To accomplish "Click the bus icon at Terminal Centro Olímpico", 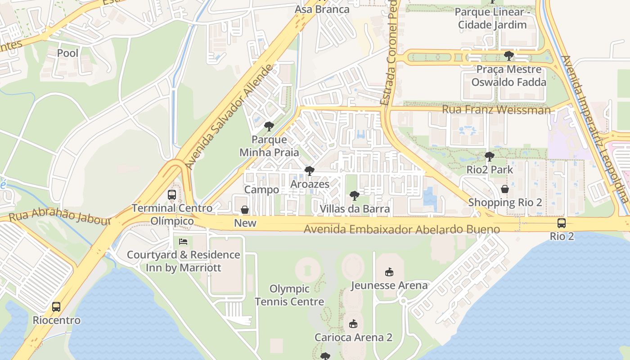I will [x=172, y=195].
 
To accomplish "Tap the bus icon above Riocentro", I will [x=56, y=307].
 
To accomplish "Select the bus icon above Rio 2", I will [x=562, y=223].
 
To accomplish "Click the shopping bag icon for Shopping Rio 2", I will [x=505, y=189].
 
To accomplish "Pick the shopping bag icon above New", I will [x=245, y=210].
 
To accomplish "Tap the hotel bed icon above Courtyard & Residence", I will [x=183, y=242].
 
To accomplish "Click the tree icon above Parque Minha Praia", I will [x=269, y=126].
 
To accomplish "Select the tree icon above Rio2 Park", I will [x=490, y=157].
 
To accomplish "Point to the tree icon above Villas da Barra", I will [x=355, y=196].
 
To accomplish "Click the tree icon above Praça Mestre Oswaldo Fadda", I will [x=509, y=56].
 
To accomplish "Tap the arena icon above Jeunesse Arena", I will [x=389, y=272].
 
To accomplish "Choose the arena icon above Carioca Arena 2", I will [x=353, y=324].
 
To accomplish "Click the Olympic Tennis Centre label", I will [x=289, y=295].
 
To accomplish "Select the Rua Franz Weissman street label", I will [x=496, y=110].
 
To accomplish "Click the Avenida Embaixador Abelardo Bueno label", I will [x=402, y=229].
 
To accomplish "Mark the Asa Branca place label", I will [x=322, y=9].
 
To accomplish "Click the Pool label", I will [x=67, y=53].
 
